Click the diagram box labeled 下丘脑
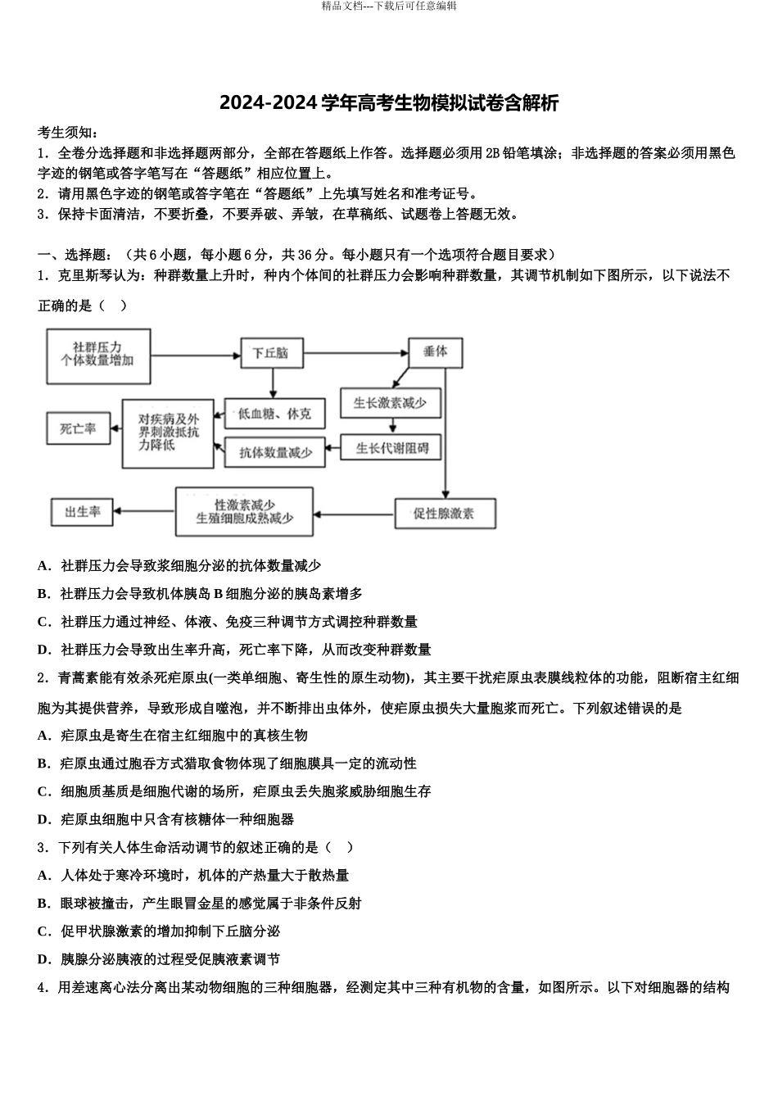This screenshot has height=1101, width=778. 271,353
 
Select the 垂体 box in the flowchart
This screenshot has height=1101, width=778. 436,351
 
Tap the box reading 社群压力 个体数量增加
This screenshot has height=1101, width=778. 98,356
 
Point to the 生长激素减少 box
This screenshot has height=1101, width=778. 390,403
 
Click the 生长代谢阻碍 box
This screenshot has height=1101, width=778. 391,448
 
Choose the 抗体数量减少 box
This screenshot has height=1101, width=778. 275,452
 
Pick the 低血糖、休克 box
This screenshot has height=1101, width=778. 275,415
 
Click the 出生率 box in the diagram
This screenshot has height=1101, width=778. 83,512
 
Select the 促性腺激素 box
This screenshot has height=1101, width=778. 444,514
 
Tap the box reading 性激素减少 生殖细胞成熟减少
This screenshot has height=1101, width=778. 244,511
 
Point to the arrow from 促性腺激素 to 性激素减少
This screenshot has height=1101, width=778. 354,514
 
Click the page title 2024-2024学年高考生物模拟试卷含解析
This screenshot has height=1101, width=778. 389,103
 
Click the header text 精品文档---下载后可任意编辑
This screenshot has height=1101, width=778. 389,7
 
